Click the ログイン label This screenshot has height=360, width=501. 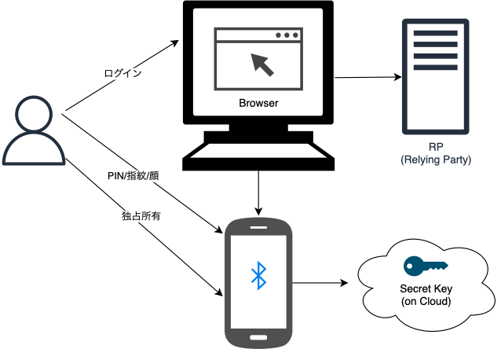point(123,73)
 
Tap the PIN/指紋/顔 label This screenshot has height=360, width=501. point(133,175)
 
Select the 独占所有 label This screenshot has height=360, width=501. point(142,215)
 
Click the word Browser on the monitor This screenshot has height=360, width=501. point(258,103)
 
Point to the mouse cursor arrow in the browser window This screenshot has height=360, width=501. point(263,64)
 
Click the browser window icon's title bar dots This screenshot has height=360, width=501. point(287,35)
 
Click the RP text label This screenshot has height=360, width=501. point(434,147)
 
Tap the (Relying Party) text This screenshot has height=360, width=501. point(434,160)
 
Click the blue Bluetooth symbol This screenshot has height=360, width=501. point(258,274)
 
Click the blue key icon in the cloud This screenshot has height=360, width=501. point(424,266)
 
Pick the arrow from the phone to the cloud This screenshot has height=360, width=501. point(322,281)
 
